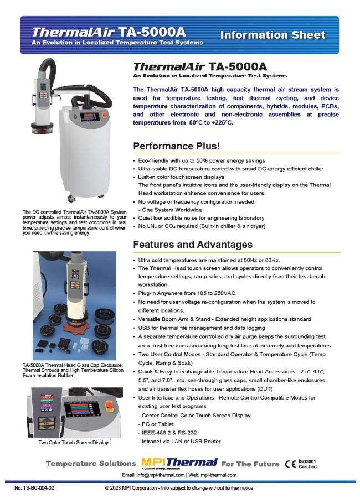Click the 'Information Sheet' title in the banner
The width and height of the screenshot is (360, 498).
point(272,35)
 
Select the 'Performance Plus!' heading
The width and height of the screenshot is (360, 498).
point(177,146)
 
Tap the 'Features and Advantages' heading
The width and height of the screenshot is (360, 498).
point(193,245)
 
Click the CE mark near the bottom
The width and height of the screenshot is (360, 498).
point(290,464)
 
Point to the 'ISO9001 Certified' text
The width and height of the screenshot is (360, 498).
point(308,464)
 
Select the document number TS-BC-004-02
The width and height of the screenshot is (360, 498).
point(34,489)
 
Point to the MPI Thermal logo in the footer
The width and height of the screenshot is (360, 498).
point(178,463)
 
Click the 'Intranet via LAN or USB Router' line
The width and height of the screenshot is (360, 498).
point(181,441)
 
